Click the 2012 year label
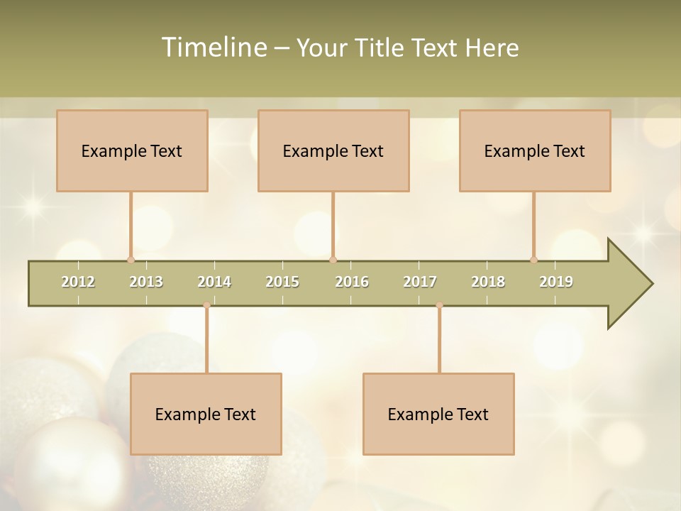78,282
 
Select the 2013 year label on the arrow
146,282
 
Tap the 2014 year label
214,282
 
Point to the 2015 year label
282,282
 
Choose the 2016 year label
352,282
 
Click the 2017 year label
420,282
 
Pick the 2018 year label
488,282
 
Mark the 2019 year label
556,282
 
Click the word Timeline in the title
212,48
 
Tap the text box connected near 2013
132,150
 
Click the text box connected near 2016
333,150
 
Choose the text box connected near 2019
535,150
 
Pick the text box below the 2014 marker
206,414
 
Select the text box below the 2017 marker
438,414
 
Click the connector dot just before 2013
131,260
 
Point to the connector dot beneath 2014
206,305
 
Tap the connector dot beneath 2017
439,305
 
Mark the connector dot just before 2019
533,260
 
